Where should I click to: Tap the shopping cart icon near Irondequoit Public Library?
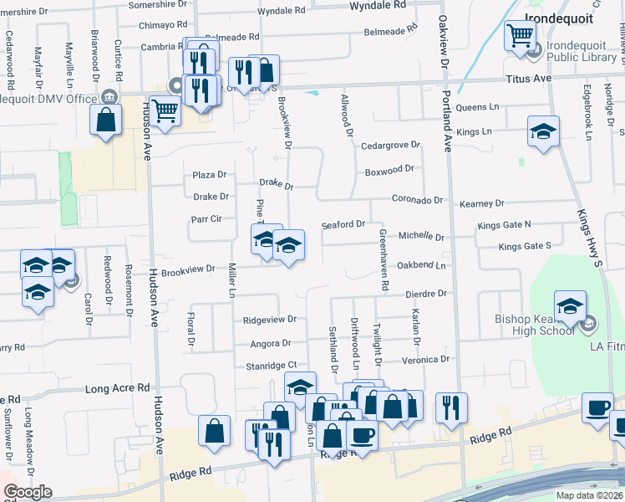(x=521, y=36)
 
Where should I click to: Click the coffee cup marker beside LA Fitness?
(x=597, y=407)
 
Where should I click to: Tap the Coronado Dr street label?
(x=418, y=200)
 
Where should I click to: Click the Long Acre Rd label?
(x=118, y=389)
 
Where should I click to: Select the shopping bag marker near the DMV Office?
(x=106, y=120)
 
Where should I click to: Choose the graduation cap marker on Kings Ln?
(x=543, y=131)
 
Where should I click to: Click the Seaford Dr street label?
(x=343, y=225)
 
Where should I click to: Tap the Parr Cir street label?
(x=206, y=219)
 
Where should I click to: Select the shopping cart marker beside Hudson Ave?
(x=165, y=110)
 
